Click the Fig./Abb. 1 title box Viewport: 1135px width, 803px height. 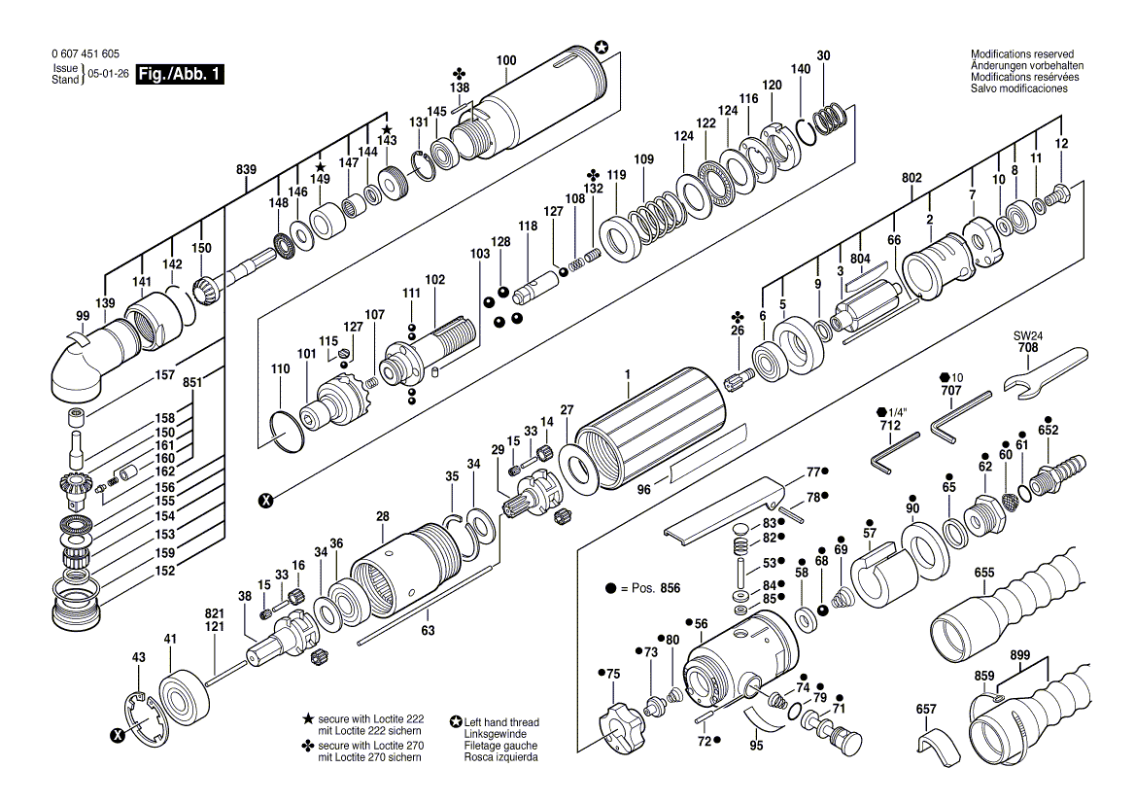coord(180,74)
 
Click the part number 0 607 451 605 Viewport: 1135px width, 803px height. coord(86,53)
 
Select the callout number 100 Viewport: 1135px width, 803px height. coord(506,60)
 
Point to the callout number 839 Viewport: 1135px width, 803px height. coord(246,169)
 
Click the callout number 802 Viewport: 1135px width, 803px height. coord(912,177)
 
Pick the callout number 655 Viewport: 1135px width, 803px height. coord(984,572)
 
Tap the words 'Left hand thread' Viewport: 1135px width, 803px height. coord(501,722)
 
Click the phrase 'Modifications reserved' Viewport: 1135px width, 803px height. coord(1022,53)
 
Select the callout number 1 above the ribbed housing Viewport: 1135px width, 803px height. coord(628,374)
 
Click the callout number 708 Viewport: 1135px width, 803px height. coord(1028,347)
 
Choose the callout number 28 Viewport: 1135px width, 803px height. coord(382,516)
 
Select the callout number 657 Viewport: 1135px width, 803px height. coord(926,709)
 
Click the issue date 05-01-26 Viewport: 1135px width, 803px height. coord(108,74)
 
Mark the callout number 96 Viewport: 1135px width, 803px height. coord(643,489)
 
